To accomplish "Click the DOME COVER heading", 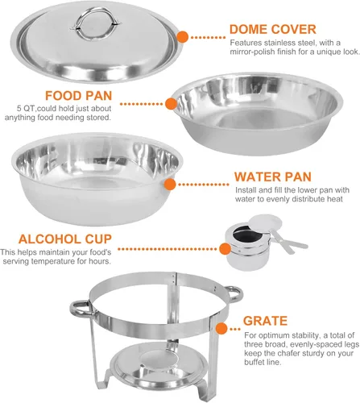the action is pyautogui.click(x=273, y=29).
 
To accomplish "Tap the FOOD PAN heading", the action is pyautogui.click(x=78, y=96).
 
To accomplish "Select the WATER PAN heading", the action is pyautogui.click(x=273, y=177).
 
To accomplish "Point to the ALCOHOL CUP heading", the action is pyautogui.click(x=65, y=239).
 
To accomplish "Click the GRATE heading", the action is pyautogui.click(x=265, y=321).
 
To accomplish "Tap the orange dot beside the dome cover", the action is pyautogui.click(x=183, y=37).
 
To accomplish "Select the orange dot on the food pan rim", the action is pyautogui.click(x=171, y=104).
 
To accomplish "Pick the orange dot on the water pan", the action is pyautogui.click(x=170, y=185).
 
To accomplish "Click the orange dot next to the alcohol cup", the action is pyautogui.click(x=225, y=249).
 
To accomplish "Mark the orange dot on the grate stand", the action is pyautogui.click(x=221, y=329).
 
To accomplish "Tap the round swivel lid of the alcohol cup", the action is pyautogui.click(x=265, y=222).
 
